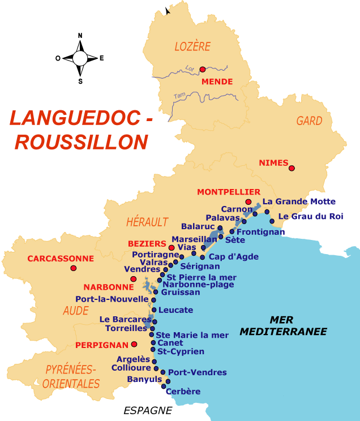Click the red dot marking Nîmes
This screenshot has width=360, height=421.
(292, 168)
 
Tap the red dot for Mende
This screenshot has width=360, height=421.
(202, 69)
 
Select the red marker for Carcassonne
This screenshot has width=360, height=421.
(73, 268)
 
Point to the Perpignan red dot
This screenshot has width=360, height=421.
(134, 343)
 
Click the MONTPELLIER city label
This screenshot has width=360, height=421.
(229, 192)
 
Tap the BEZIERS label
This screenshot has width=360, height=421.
(147, 243)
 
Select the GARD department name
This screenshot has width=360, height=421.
(309, 121)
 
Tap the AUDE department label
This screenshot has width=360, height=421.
(76, 310)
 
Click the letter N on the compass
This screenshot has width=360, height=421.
(80, 36)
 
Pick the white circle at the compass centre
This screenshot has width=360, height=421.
(80, 58)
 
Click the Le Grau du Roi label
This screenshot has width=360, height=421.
(310, 216)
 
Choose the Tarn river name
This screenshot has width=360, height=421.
(180, 95)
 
